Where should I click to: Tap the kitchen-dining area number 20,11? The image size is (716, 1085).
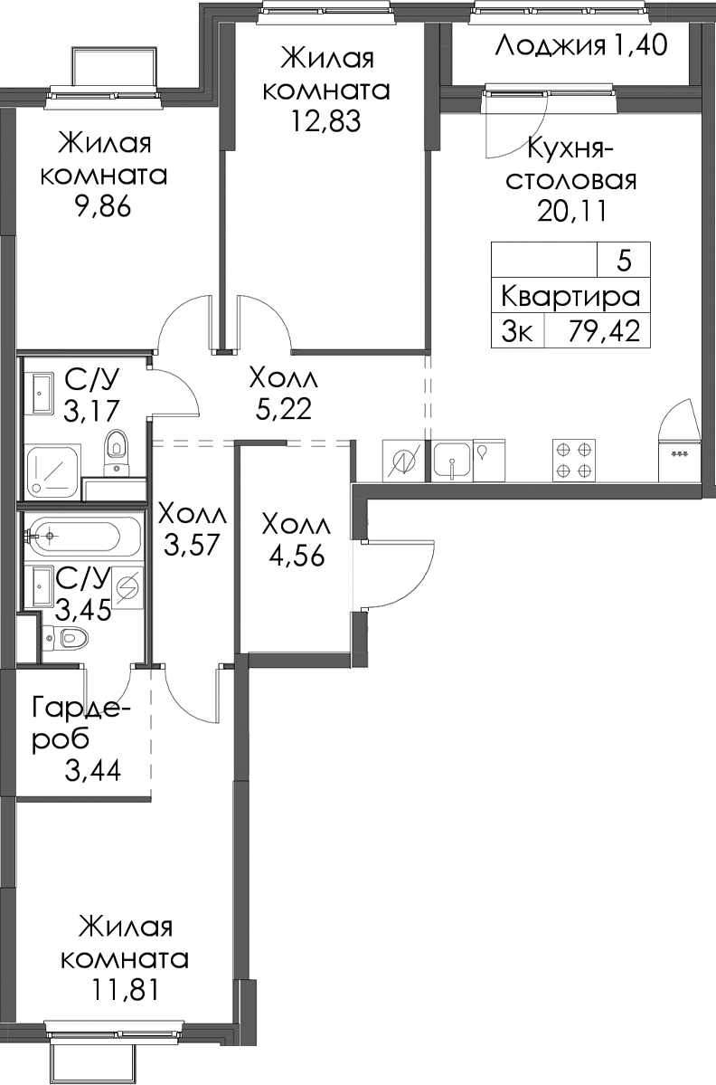(x=572, y=211)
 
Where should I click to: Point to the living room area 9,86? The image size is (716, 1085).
(x=104, y=207)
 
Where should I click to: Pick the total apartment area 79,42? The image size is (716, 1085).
(x=604, y=332)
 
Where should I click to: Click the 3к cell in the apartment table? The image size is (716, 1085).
(x=517, y=332)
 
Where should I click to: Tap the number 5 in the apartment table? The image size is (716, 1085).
(x=624, y=262)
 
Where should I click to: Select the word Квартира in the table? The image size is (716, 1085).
(x=570, y=298)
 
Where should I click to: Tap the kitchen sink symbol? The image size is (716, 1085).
(x=452, y=461)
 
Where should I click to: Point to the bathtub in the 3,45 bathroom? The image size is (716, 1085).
(x=83, y=537)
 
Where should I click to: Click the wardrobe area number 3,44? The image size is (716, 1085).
(x=93, y=769)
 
